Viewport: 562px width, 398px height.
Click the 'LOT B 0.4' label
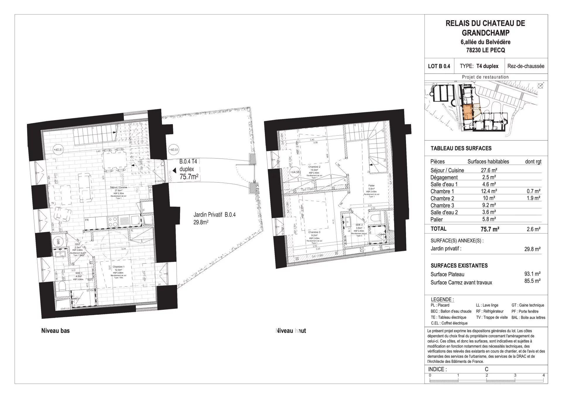click(x=439, y=66)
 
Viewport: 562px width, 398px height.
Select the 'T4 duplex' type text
click(x=487, y=66)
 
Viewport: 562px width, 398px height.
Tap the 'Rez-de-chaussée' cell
click(x=526, y=66)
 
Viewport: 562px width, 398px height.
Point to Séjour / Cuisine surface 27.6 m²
click(x=489, y=170)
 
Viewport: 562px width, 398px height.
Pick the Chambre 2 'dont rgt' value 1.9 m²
click(x=533, y=198)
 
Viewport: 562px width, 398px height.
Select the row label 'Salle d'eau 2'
click(x=444, y=212)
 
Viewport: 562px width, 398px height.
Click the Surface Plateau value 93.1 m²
click(x=532, y=274)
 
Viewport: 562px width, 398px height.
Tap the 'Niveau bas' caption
click(x=55, y=331)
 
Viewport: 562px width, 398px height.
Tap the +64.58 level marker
click(x=294, y=172)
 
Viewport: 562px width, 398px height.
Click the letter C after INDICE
click(x=486, y=370)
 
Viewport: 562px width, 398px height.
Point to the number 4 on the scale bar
click(x=543, y=375)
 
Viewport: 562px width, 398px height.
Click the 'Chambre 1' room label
click(x=120, y=266)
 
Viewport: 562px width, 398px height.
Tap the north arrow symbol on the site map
click(x=540, y=85)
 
